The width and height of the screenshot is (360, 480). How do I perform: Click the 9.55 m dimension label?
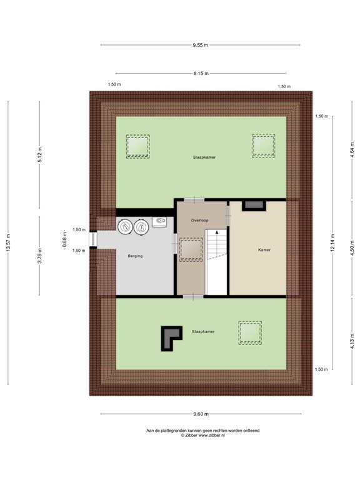(x=200, y=45)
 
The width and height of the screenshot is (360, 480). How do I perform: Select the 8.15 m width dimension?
(x=201, y=74)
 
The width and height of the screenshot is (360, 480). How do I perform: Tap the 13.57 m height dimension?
(x=8, y=242)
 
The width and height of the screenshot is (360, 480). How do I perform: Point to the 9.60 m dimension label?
(x=201, y=414)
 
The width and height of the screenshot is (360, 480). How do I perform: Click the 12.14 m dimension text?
(x=332, y=242)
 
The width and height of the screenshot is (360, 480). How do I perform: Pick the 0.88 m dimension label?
(x=64, y=240)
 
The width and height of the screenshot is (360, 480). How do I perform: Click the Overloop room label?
(x=199, y=221)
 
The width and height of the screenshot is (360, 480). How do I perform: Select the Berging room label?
(x=135, y=256)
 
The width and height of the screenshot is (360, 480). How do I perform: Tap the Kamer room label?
(x=264, y=250)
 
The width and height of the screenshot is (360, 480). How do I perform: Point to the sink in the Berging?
(x=160, y=222)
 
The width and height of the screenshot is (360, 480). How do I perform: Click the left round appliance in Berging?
(x=125, y=227)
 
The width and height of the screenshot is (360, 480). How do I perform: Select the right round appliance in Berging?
(x=141, y=227)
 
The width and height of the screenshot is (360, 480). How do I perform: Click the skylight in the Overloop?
(x=191, y=250)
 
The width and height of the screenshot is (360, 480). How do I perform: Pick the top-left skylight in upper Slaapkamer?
(x=137, y=146)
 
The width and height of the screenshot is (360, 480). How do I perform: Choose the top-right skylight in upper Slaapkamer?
(x=264, y=146)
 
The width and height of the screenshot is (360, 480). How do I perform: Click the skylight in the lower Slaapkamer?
(x=250, y=332)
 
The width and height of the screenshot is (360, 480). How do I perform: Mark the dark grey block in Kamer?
(x=254, y=206)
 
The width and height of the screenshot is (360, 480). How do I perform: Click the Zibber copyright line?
(x=202, y=435)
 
